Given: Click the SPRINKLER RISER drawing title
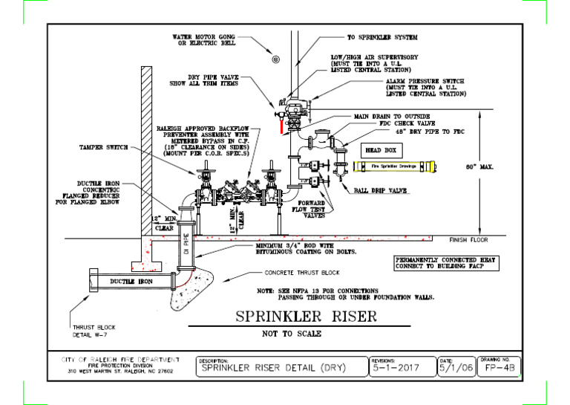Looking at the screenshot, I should click(x=306, y=317).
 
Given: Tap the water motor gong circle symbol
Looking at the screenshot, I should click(x=275, y=59).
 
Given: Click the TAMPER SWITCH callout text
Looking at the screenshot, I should click(x=103, y=147).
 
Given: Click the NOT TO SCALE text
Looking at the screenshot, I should click(x=292, y=334).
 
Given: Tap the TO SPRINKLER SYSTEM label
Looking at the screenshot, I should click(x=382, y=37).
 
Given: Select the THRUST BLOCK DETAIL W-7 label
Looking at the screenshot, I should click(x=94, y=331).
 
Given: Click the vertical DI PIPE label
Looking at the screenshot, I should click(x=186, y=244).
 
